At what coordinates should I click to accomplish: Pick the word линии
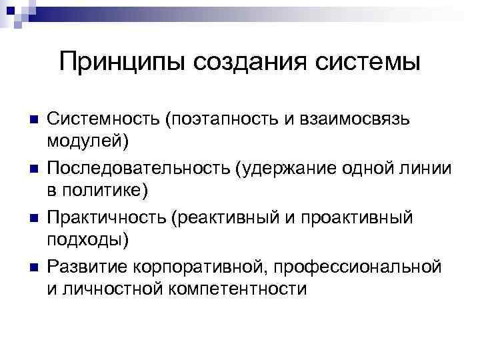click(426, 168)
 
